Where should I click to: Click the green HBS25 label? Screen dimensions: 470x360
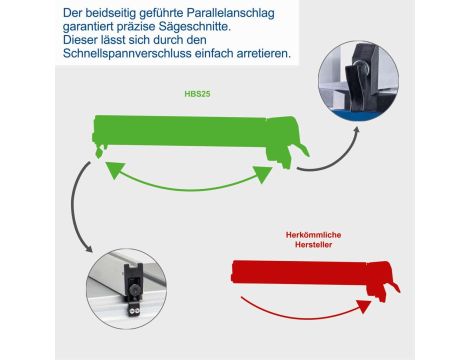[x=197, y=94]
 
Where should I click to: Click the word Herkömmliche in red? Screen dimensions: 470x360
[x=313, y=235]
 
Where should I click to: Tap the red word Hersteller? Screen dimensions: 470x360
[x=313, y=245]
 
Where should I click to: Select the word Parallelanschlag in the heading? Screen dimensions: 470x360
[x=231, y=13]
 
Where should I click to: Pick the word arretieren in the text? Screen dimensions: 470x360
[x=264, y=53]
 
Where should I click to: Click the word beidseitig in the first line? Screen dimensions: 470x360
[x=111, y=13]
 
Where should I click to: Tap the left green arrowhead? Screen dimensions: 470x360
[x=114, y=169]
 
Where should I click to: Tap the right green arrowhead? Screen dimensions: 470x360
[x=263, y=174]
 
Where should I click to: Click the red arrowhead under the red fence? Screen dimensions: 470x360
[x=364, y=306]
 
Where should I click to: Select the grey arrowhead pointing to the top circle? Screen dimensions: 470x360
[x=356, y=130]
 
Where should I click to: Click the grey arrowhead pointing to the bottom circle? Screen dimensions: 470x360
[x=89, y=248]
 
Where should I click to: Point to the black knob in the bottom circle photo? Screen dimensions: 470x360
[x=135, y=291]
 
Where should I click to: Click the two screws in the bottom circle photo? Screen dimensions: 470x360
[x=134, y=311]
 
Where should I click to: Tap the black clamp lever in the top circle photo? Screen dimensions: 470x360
[x=356, y=86]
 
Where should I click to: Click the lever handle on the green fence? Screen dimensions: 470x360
[x=300, y=149]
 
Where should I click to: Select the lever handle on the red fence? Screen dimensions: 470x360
[x=393, y=288]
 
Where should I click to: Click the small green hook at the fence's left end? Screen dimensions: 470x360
[x=99, y=152]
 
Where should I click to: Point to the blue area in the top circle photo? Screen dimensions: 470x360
[x=357, y=115]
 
